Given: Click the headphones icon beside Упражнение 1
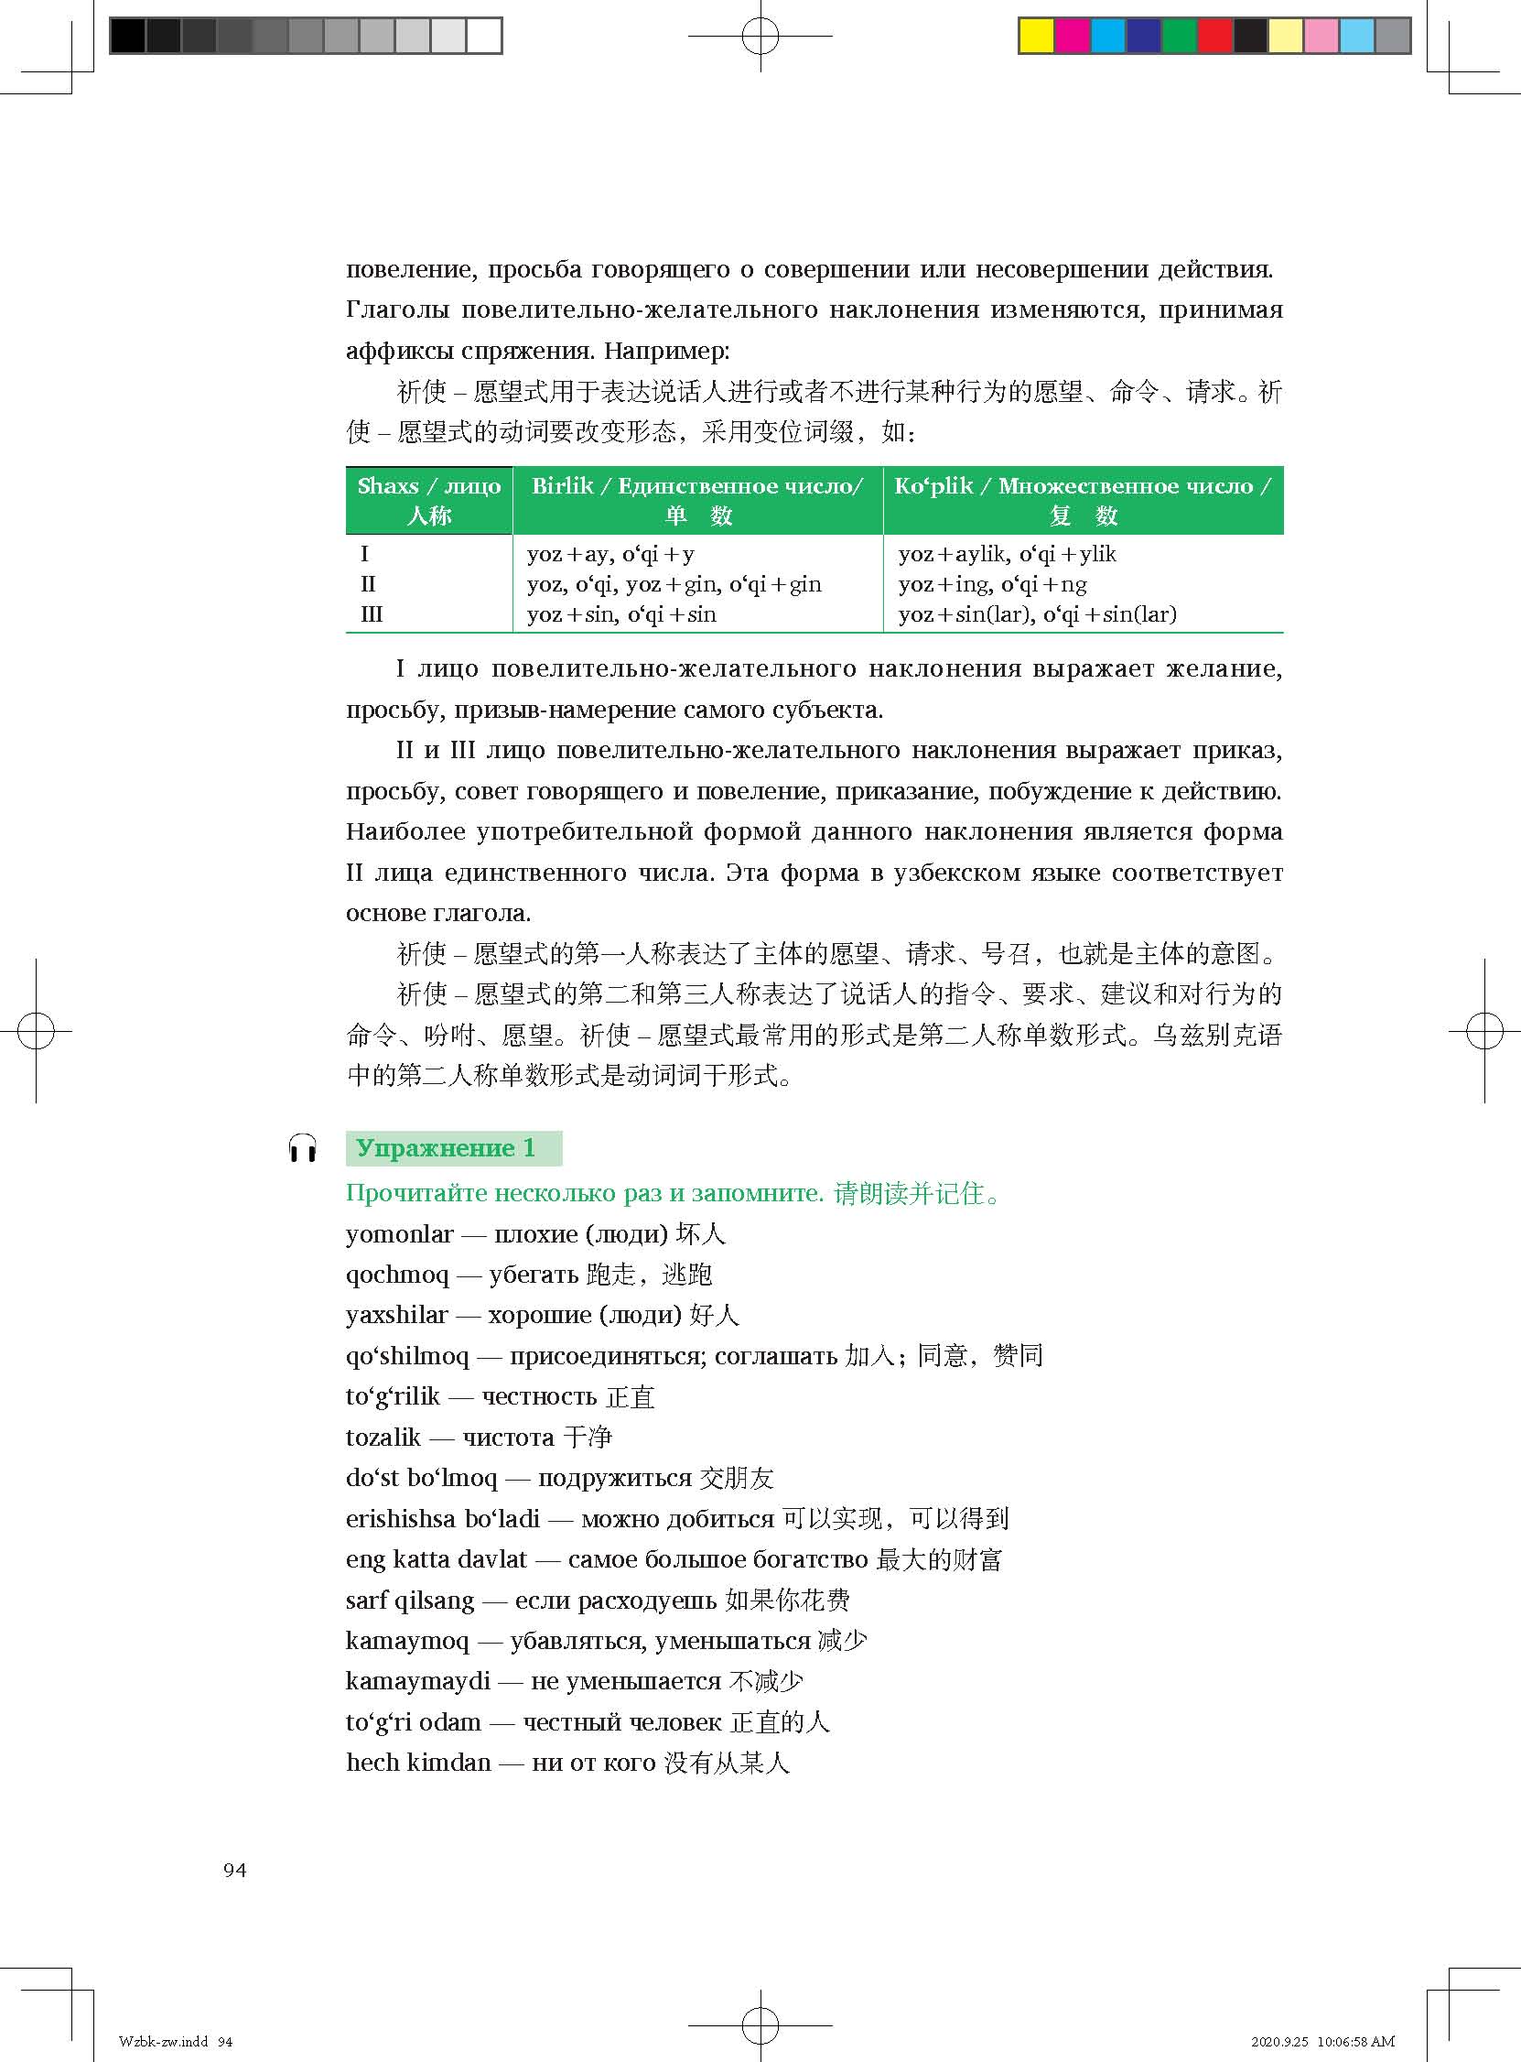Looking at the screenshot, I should coord(302,1148).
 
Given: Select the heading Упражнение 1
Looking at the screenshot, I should coord(446,1148).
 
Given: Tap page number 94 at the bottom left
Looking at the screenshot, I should coord(235,1869).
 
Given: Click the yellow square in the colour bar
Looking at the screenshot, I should coord(1036,36).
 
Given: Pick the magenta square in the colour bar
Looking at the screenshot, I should coord(1072,36).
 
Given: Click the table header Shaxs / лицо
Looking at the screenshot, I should coord(429,486).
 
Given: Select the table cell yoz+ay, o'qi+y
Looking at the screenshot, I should coord(610,554).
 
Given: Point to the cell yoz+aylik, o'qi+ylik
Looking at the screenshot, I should coord(1007,554).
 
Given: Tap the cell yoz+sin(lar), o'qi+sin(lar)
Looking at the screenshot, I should coord(1037,614).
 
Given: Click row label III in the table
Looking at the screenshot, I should coord(371,614).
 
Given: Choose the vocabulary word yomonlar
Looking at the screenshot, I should coord(400,1234).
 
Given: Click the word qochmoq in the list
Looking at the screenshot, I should coord(397,1275).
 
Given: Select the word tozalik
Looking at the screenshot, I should coord(383,1438).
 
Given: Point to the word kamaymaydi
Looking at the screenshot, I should coord(417,1682).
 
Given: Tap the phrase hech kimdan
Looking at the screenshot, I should coord(418,1763).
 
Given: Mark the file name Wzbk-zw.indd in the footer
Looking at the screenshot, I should coord(164,2041).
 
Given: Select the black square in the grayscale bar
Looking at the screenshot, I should coord(127,36).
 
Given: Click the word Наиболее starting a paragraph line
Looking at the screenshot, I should coord(405,831).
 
